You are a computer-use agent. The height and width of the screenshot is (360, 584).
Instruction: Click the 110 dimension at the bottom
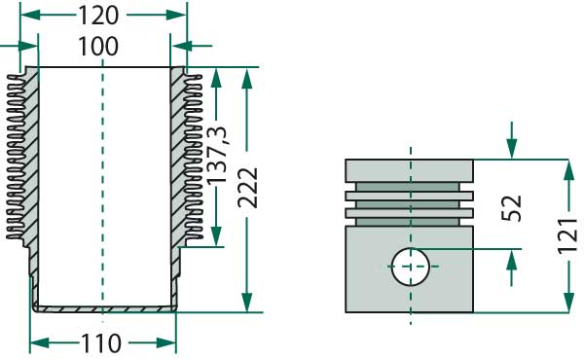(x=101, y=343)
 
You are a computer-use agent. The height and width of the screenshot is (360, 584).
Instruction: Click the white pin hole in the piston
(x=410, y=266)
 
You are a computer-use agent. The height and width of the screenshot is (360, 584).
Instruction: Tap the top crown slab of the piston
(x=410, y=170)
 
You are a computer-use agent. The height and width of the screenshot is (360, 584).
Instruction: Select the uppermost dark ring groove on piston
(x=410, y=186)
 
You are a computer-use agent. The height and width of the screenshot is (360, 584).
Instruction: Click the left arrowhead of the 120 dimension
(x=26, y=17)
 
